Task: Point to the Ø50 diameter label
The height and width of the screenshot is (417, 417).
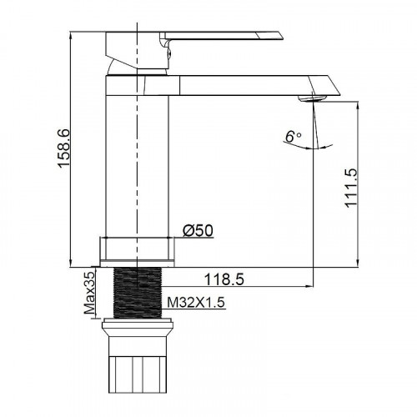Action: [197, 229]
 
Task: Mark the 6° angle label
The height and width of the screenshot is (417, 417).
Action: [291, 135]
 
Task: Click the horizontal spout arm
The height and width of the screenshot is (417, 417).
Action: [250, 84]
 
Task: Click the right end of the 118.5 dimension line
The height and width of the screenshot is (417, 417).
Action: [314, 284]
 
